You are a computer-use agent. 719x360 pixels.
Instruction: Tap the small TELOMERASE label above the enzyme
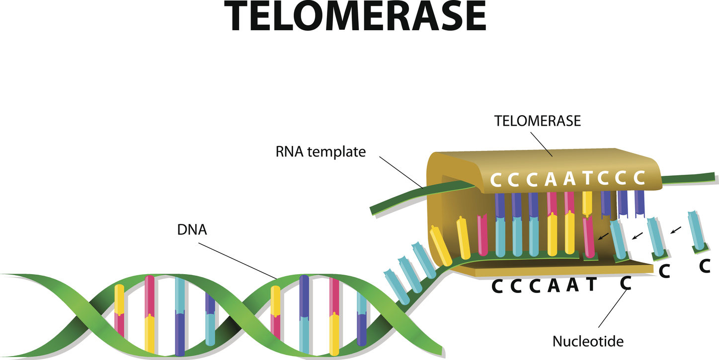(x=538, y=121)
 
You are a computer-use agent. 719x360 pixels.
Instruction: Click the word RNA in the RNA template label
(x=289, y=151)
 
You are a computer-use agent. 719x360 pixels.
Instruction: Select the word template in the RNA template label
(x=337, y=152)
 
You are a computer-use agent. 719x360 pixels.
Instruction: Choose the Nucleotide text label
(x=588, y=341)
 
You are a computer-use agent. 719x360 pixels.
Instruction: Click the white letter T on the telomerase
(x=588, y=179)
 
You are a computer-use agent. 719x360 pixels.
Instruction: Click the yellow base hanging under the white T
(x=587, y=203)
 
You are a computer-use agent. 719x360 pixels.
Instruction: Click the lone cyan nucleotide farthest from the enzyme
(x=696, y=231)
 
